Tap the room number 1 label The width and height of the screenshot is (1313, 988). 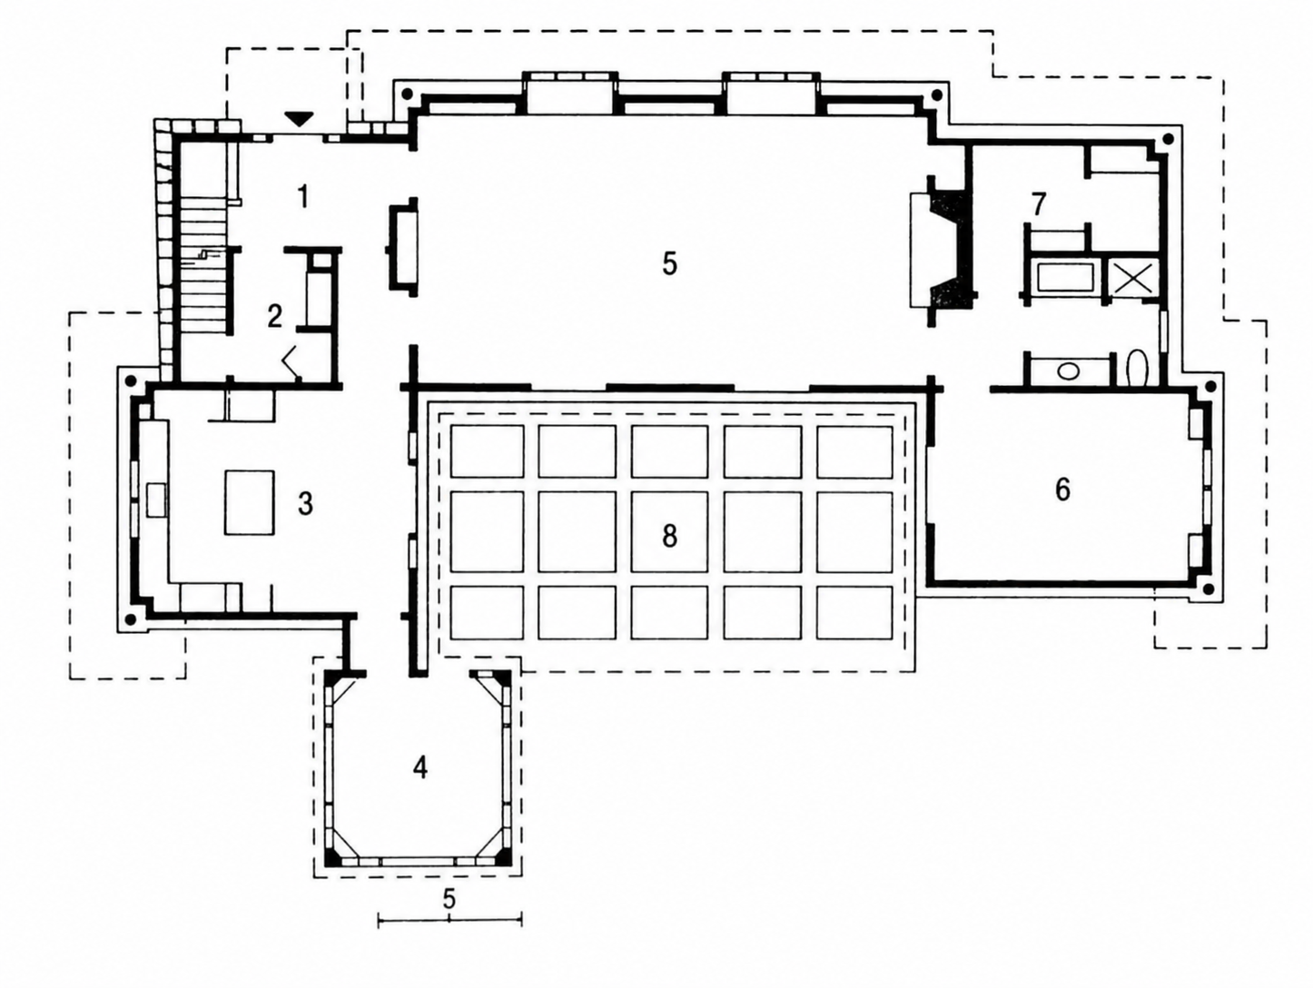tap(304, 197)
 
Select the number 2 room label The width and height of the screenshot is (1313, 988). tap(274, 316)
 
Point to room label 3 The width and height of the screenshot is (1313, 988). tap(305, 505)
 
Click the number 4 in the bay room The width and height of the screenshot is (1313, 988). tap(420, 767)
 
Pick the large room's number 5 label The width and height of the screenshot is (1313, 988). tap(669, 263)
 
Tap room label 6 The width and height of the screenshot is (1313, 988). tap(1062, 489)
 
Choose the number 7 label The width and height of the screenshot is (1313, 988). tap(1039, 204)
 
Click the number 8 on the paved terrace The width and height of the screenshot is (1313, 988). tap(669, 537)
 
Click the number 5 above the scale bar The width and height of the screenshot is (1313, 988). tap(449, 899)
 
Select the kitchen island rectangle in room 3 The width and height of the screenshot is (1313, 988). tap(250, 502)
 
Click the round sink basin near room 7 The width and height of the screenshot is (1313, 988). tap(1069, 370)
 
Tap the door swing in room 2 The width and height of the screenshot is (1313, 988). tap(291, 361)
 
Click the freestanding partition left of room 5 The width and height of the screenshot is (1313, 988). tap(402, 247)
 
